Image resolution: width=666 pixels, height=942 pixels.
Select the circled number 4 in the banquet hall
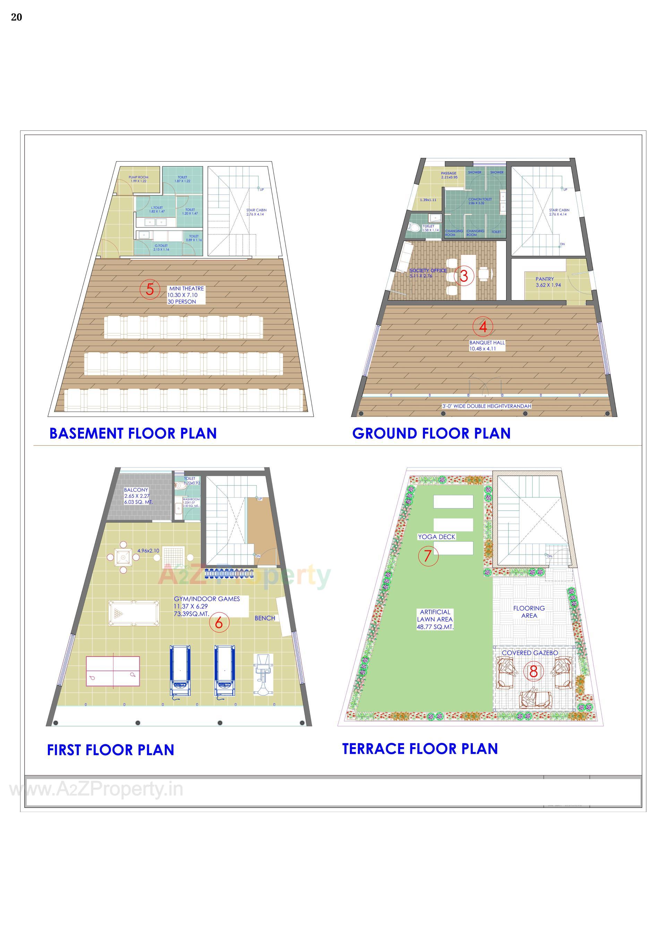[x=483, y=326]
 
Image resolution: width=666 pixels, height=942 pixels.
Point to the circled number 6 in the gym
[x=219, y=622]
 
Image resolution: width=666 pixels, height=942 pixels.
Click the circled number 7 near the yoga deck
[x=428, y=556]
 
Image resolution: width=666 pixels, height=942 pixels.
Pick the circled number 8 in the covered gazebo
[x=533, y=672]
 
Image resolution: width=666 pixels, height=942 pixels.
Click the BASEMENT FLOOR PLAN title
[x=133, y=433]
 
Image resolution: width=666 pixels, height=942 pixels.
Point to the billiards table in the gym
[x=134, y=613]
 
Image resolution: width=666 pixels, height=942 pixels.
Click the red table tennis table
[x=112, y=672]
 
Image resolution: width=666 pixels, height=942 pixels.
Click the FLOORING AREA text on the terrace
[x=529, y=612]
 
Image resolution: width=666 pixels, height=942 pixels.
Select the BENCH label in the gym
[x=265, y=618]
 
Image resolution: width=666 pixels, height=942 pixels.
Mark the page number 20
[x=16, y=17]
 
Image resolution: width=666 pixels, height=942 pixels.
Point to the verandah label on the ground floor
[x=487, y=406]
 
